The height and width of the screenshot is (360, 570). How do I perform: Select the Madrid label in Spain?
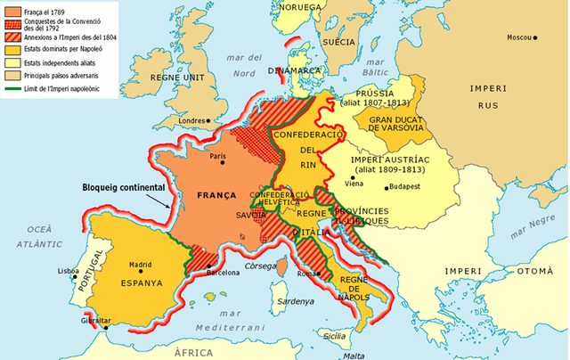click(x=141, y=265)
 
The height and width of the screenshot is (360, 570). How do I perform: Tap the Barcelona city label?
click(x=226, y=274)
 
